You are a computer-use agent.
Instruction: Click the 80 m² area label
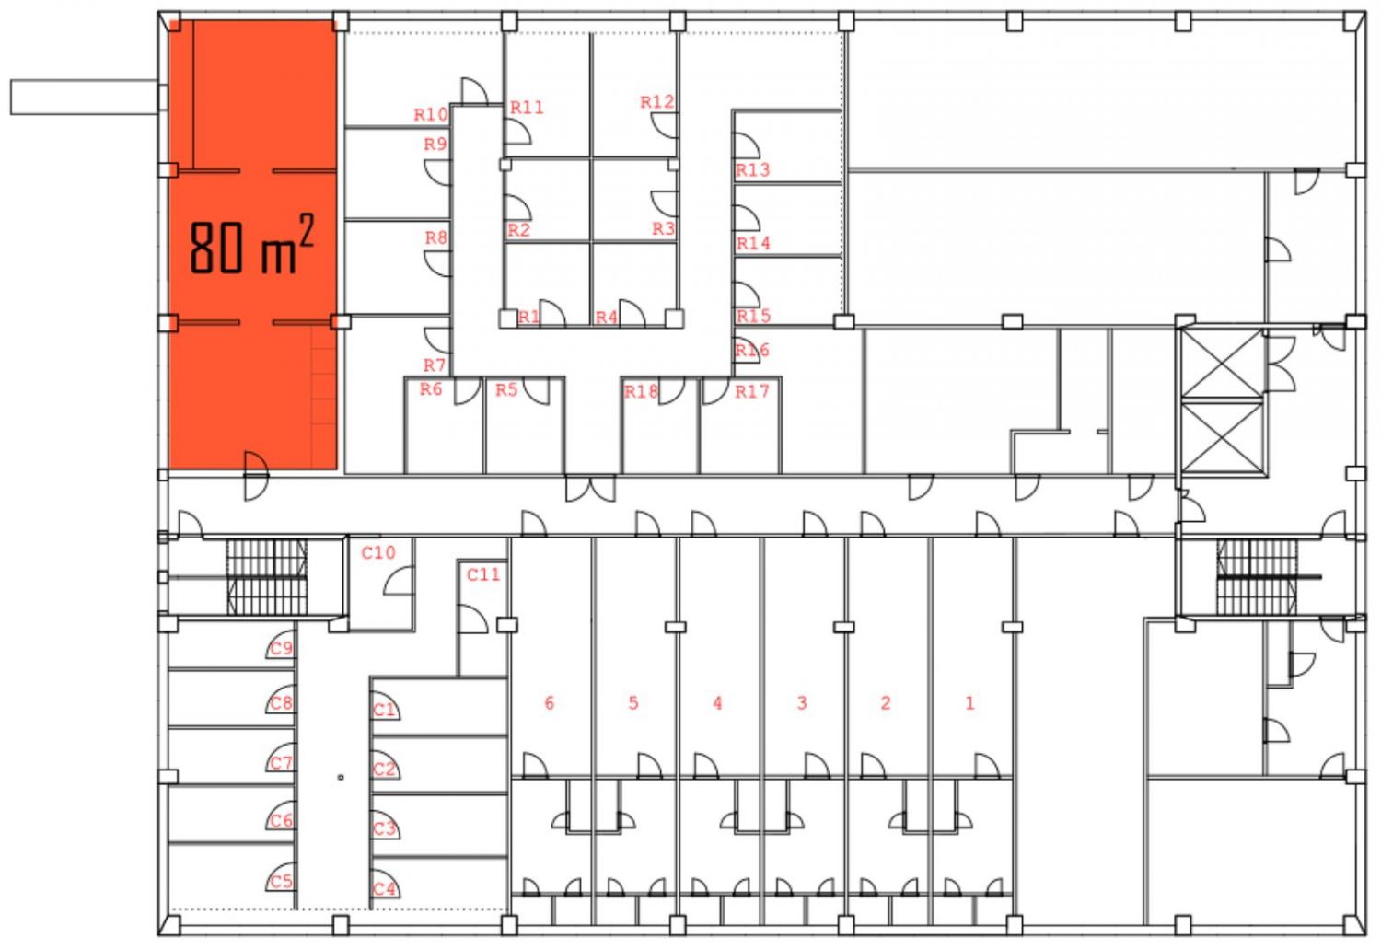click(251, 246)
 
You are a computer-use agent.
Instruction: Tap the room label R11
click(527, 108)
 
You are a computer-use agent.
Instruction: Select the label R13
click(752, 170)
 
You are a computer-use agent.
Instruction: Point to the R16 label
click(751, 350)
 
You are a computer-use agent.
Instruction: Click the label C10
click(377, 552)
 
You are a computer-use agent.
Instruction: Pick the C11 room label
click(482, 574)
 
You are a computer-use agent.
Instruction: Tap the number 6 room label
click(550, 703)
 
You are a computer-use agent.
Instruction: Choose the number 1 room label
click(969, 703)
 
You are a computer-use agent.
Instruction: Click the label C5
click(281, 881)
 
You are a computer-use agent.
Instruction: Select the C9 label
click(281, 648)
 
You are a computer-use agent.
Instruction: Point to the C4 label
click(384, 889)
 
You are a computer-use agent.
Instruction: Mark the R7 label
click(435, 365)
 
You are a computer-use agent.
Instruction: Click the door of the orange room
click(255, 475)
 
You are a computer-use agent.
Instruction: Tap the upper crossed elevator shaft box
click(1221, 364)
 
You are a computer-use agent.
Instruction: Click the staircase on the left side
click(266, 576)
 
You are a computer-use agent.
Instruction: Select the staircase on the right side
click(1257, 577)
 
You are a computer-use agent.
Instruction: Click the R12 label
click(656, 102)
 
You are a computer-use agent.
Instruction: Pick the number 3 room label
click(801, 703)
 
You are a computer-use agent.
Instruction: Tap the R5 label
click(506, 390)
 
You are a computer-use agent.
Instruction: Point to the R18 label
click(641, 391)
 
